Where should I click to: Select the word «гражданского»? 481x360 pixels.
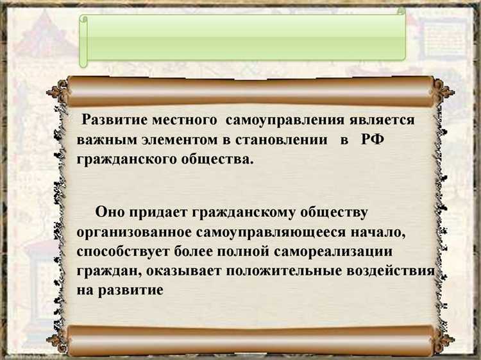(121, 159)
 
